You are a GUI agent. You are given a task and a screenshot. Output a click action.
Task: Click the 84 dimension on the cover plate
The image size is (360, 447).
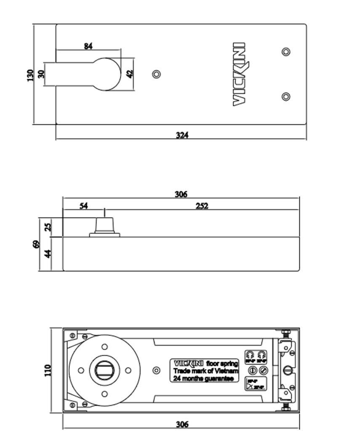(88, 46)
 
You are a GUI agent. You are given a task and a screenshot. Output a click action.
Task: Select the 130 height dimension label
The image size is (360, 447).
(30, 75)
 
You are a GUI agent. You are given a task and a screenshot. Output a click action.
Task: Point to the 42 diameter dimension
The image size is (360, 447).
(130, 74)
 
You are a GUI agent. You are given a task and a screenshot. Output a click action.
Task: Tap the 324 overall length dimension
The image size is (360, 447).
(182, 135)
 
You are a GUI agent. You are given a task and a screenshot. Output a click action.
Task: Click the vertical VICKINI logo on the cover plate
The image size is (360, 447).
(239, 74)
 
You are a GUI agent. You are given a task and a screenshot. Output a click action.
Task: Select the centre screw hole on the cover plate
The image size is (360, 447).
(156, 74)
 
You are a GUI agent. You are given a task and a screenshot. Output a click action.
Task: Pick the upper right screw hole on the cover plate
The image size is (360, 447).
(286, 51)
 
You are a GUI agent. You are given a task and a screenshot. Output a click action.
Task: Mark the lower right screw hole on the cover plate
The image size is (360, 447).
(286, 97)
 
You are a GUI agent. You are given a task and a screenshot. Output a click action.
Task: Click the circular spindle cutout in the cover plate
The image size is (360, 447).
(106, 74)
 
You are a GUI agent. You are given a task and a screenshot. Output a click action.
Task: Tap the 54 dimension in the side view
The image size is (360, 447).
(84, 205)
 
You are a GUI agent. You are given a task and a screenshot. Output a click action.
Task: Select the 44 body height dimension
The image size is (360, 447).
(48, 254)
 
